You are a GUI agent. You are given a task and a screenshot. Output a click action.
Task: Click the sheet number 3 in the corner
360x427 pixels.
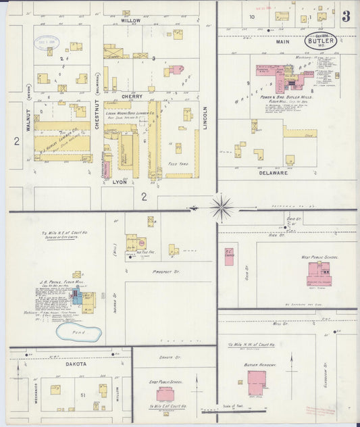click(x=345, y=17)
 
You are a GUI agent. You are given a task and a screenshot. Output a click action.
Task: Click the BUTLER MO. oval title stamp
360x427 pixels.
click(x=320, y=41)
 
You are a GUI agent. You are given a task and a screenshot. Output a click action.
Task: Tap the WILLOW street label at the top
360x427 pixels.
click(x=130, y=21)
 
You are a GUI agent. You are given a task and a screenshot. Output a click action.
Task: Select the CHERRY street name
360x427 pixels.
click(x=132, y=97)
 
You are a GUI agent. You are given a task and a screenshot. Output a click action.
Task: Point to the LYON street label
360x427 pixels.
click(x=120, y=182)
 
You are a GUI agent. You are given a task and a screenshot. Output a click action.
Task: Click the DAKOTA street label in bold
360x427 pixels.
click(x=76, y=363)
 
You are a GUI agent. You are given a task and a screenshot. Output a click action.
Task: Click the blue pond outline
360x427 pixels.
click(x=79, y=332)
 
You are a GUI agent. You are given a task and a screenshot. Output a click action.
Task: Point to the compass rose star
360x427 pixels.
click(x=221, y=207)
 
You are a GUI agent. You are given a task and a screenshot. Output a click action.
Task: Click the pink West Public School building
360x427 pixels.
click(x=317, y=274)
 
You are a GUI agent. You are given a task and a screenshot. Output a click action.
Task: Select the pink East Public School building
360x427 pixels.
click(x=165, y=394)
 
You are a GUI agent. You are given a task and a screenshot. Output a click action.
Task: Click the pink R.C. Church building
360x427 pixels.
click(x=229, y=256)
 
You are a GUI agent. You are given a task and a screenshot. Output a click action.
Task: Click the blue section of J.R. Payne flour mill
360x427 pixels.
click(x=76, y=297)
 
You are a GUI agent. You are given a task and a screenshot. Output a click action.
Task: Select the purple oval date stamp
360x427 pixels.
click(x=46, y=43)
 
